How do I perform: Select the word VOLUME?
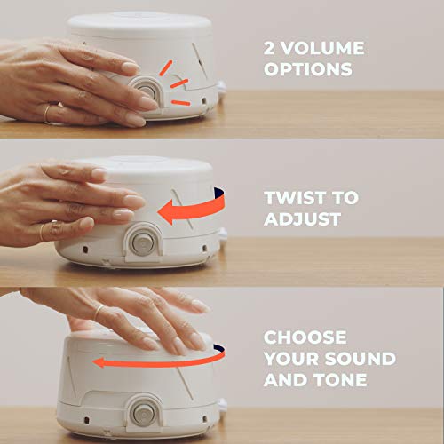(322, 45)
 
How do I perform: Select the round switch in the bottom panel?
(140, 413)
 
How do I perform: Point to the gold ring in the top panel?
(47, 112)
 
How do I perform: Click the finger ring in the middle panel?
(41, 233)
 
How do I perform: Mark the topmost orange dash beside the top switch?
(165, 67)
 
